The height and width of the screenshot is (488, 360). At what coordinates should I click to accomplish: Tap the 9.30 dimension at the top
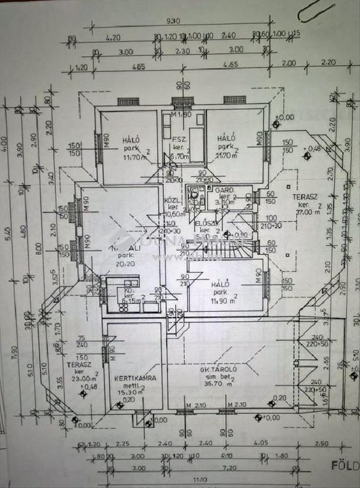coord(172,21)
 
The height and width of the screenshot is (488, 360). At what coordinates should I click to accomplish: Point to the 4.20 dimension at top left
coord(112,37)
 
